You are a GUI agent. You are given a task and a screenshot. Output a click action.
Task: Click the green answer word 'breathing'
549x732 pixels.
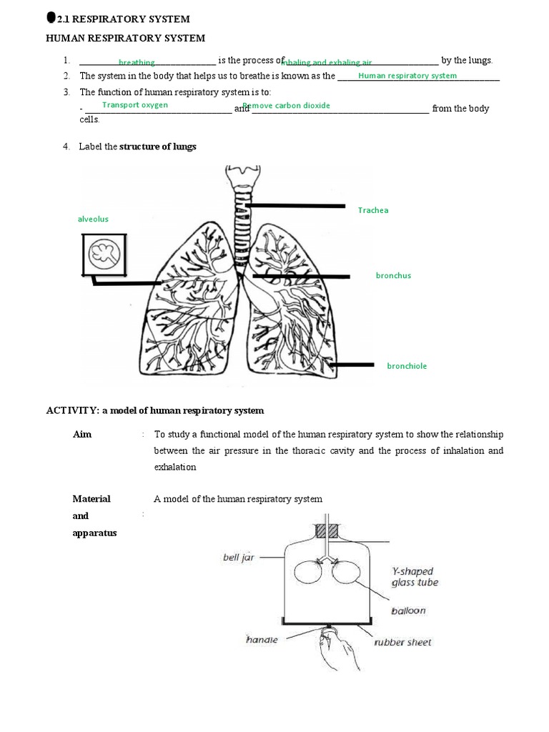click(x=137, y=63)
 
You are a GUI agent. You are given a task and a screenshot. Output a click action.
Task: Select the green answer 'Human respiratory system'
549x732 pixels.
click(x=407, y=76)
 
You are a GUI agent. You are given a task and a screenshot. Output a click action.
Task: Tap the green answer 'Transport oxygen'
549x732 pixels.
click(x=135, y=105)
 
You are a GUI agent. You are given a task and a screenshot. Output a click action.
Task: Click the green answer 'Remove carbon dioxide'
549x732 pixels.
click(x=287, y=106)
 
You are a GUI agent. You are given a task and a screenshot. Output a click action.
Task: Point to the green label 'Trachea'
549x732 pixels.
click(x=373, y=211)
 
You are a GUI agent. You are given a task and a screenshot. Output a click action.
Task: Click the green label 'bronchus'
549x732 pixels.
click(x=393, y=276)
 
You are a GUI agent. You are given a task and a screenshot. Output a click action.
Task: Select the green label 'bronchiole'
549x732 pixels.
click(x=407, y=366)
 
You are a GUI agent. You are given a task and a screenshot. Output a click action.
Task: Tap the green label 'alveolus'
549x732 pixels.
click(x=93, y=219)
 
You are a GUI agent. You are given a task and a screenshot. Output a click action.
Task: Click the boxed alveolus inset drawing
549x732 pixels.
click(x=105, y=254)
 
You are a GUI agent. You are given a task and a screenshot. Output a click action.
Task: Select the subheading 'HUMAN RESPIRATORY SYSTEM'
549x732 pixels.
click(x=125, y=38)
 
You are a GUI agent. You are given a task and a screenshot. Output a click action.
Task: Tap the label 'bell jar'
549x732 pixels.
click(x=239, y=558)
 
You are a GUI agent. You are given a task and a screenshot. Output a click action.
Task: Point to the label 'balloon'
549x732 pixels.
click(x=409, y=611)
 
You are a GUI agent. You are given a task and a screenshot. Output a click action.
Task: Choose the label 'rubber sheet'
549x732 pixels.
click(x=402, y=643)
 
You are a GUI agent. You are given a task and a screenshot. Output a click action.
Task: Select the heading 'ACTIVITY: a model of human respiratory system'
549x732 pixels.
click(x=155, y=411)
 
